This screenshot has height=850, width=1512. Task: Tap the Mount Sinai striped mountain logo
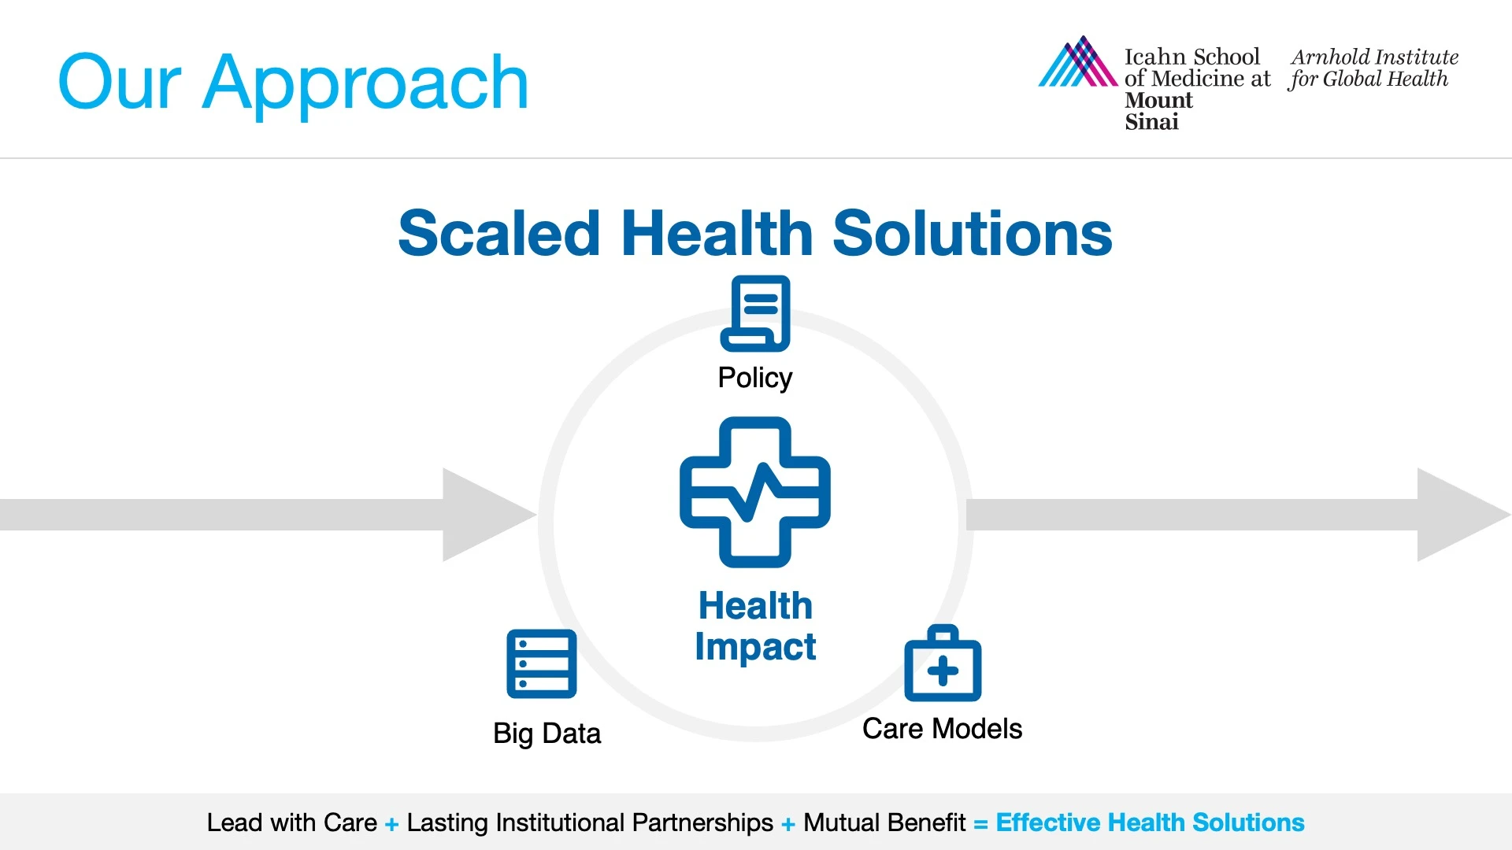pos(1078,61)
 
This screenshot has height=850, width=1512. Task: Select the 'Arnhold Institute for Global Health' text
pos(1373,68)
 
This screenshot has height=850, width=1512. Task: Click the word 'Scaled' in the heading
pos(499,234)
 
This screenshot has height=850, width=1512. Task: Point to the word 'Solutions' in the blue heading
pos(973,234)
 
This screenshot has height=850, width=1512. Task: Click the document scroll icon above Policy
pos(755,313)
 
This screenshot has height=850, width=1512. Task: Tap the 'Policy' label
pos(755,379)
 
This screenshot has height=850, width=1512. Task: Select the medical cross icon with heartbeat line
pos(755,492)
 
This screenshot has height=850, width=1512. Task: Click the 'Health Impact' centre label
pos(755,626)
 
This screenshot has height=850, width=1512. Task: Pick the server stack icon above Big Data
pos(542,663)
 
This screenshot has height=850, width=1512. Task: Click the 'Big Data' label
pos(547,734)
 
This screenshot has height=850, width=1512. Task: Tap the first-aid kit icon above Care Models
pos(943,663)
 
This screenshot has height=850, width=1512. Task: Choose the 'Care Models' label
pos(942,729)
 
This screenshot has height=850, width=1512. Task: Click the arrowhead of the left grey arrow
pos(489,515)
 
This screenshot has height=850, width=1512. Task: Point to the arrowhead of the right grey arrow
pos(1464,515)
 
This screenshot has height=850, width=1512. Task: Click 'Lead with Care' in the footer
pos(292,822)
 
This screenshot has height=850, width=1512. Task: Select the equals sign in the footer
pos(980,824)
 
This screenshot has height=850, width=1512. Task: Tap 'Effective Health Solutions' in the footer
pos(1150,822)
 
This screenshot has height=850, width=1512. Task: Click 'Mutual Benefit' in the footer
pos(884,822)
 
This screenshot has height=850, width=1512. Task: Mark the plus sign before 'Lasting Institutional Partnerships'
pos(391,824)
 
